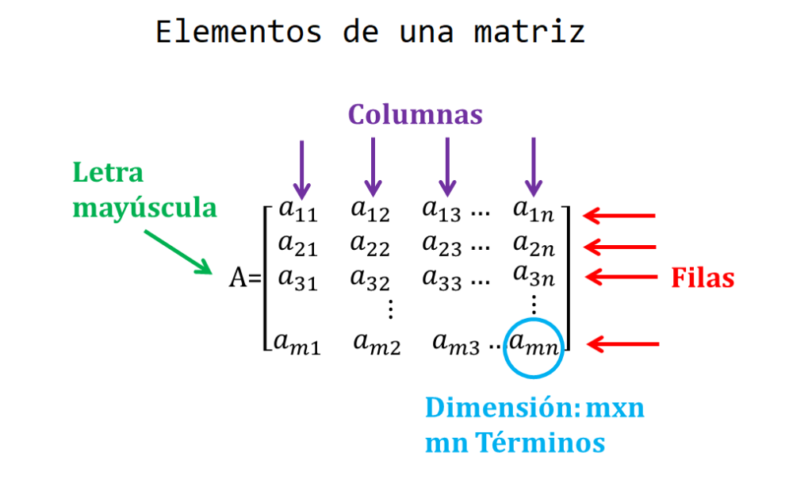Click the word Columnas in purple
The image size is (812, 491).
coord(415,114)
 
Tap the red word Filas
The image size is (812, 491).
coord(702,278)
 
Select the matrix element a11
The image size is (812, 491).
coord(297,212)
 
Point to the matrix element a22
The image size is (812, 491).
coord(370,245)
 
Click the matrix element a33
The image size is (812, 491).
coord(442,277)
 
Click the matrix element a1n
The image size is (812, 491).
coord(534,212)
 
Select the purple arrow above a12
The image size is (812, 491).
coord(373,167)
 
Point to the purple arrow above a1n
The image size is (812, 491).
coord(534,167)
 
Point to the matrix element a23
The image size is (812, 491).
coord(442,245)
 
